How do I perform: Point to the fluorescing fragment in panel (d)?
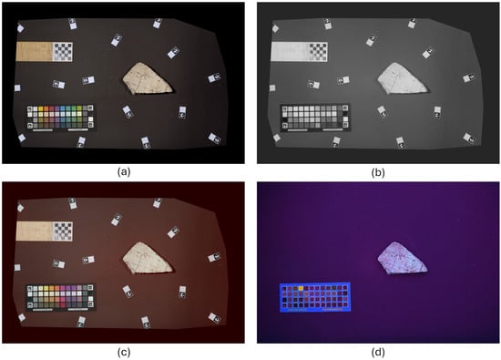(402, 259)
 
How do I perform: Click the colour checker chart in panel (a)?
(60, 118)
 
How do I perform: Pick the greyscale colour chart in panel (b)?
(315, 118)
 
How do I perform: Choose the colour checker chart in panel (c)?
(61, 297)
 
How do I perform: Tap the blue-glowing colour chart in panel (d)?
(315, 297)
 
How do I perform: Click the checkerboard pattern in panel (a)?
(62, 52)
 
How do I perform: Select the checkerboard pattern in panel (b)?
(318, 52)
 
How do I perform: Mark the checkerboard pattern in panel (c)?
(62, 231)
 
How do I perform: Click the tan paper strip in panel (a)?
(35, 52)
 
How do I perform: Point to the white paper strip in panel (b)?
(290, 52)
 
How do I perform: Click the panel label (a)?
(124, 172)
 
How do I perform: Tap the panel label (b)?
(378, 172)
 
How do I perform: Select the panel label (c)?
(124, 352)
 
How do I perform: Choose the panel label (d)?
(378, 352)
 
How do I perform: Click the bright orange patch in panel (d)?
(301, 288)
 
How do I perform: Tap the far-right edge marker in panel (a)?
(214, 77)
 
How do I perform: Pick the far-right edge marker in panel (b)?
(469, 77)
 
